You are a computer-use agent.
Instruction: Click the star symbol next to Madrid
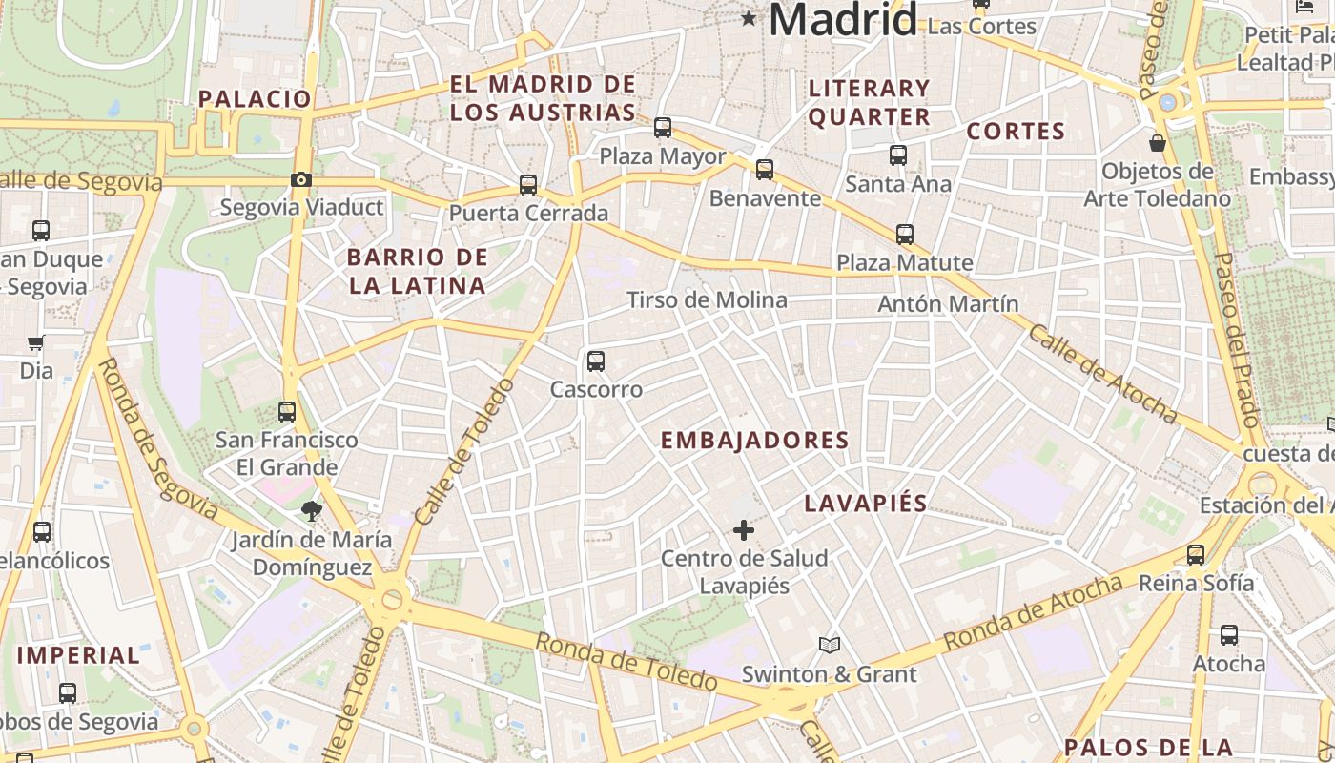[749, 18]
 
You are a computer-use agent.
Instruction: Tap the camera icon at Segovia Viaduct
[300, 179]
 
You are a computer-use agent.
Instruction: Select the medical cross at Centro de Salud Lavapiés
[744, 530]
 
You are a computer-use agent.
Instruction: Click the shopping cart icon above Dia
[36, 342]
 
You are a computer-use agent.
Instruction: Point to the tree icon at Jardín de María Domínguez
[311, 511]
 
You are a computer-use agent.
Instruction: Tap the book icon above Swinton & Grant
[830, 646]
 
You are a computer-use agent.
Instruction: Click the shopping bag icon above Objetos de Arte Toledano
[1157, 143]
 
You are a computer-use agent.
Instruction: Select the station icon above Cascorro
[596, 361]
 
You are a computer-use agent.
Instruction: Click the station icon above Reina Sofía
[1196, 555]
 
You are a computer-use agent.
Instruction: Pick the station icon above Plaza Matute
[904, 234]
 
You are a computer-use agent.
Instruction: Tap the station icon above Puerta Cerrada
[528, 185]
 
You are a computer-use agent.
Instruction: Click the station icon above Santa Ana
[897, 155]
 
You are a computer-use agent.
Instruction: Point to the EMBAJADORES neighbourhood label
[754, 440]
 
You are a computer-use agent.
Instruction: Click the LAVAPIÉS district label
[865, 503]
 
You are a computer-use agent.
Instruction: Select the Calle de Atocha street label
[1102, 373]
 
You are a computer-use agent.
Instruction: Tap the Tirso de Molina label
[707, 300]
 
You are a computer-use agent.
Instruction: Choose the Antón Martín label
[947, 304]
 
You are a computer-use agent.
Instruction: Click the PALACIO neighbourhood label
[255, 98]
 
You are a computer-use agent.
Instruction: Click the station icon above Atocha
[1229, 635]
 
